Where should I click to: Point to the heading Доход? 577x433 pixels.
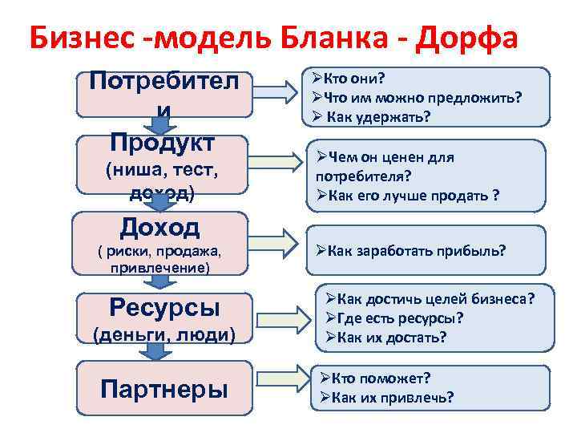point(159,228)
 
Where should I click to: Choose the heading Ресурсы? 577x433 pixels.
point(164,307)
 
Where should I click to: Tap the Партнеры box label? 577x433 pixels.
point(164,388)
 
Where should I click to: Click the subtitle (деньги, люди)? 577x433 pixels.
point(164,334)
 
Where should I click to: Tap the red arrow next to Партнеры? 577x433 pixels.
point(283,386)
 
